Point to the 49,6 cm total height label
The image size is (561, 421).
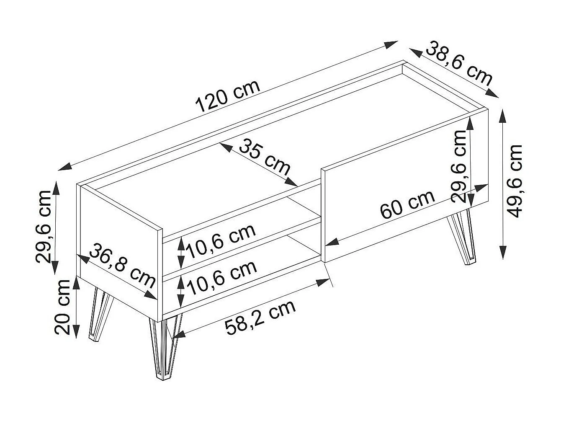tap(515, 181)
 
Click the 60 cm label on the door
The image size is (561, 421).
tap(408, 205)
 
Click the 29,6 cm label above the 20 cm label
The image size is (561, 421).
tap(44, 226)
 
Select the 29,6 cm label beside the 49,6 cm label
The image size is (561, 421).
tap(459, 166)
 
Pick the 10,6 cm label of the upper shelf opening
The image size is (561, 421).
tap(221, 241)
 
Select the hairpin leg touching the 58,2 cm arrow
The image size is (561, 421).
tap(165, 348)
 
